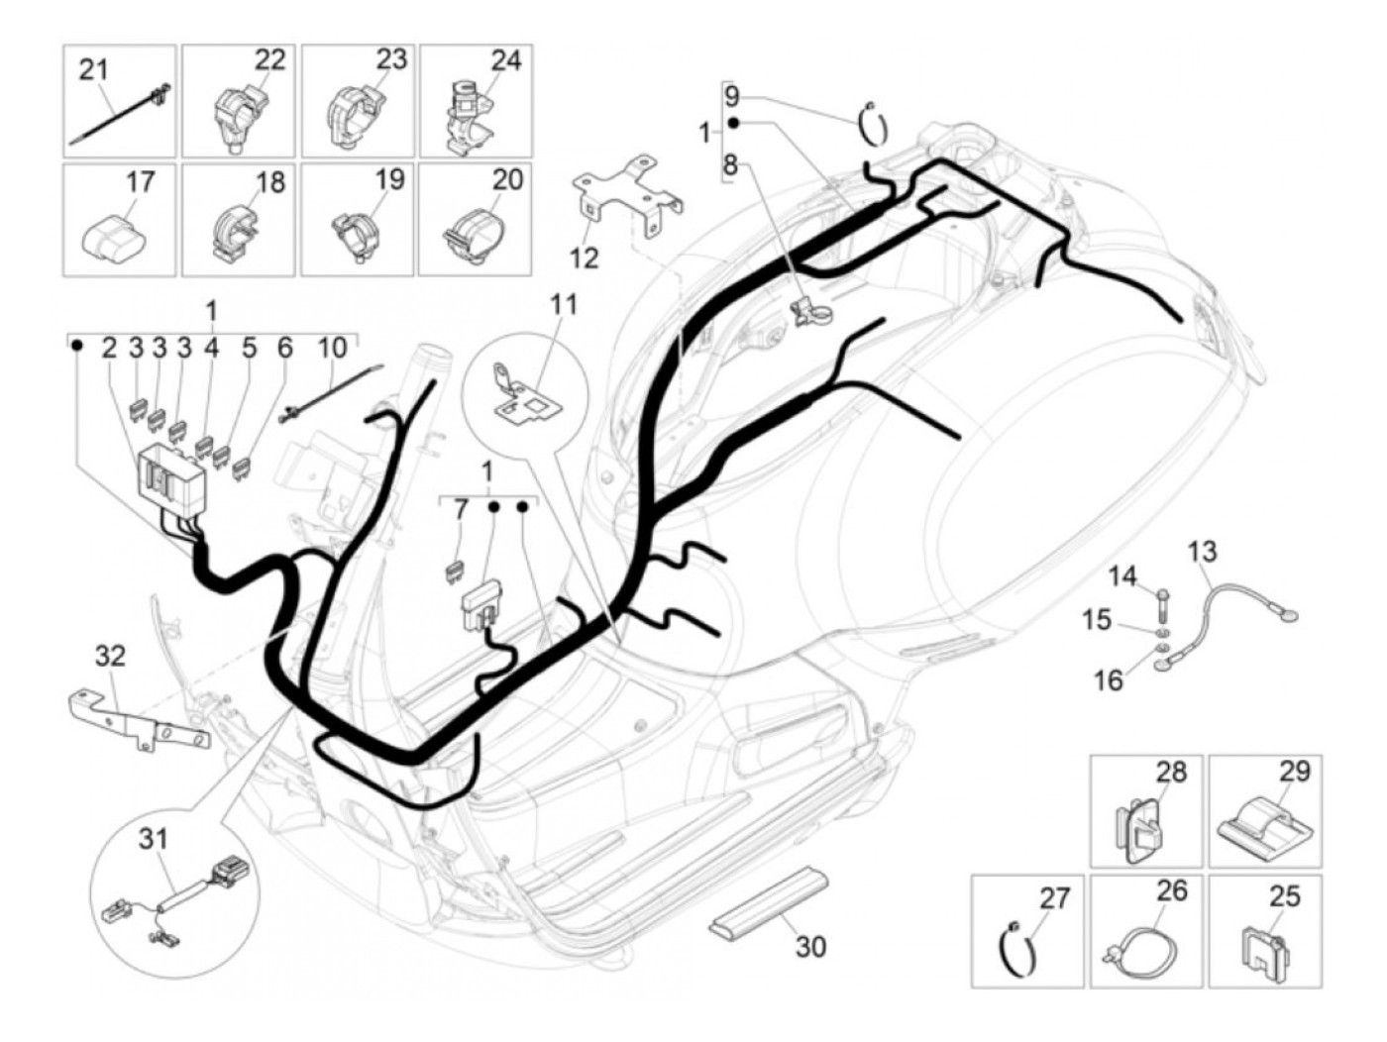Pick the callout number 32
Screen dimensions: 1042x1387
(111, 655)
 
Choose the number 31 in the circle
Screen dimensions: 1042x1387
(154, 839)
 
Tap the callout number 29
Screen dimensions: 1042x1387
(1295, 770)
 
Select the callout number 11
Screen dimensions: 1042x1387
(563, 304)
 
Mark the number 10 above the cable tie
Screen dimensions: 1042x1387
(333, 348)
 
